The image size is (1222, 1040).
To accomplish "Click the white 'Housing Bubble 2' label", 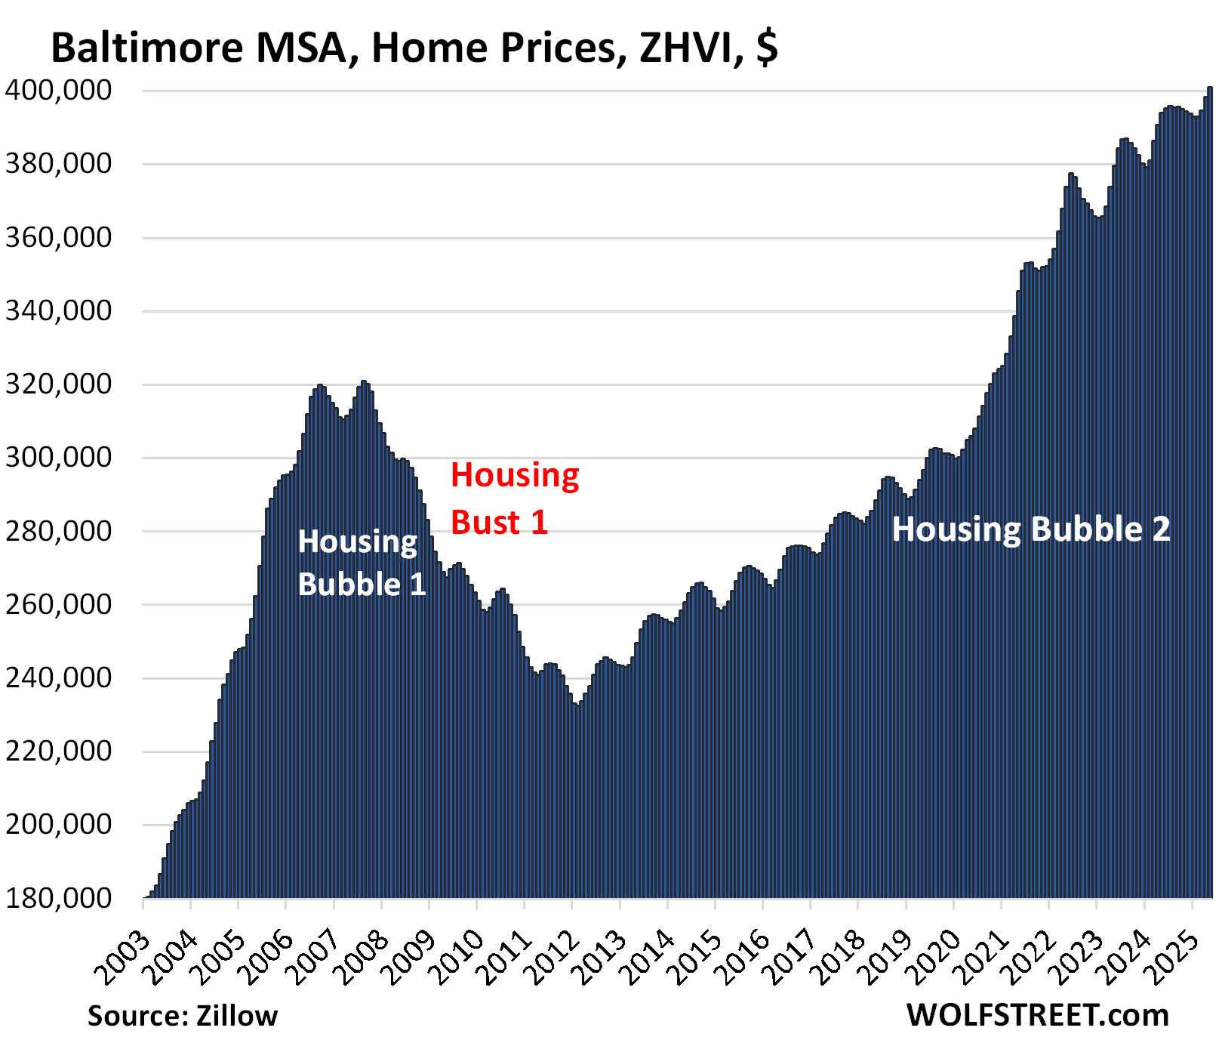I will pyautogui.click(x=1030, y=529).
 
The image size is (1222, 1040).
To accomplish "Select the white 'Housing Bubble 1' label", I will pyautogui.click(x=361, y=563).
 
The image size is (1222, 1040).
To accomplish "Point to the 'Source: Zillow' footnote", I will pyautogui.click(x=183, y=1016).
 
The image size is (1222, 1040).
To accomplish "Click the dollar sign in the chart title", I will pyautogui.click(x=767, y=48).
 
